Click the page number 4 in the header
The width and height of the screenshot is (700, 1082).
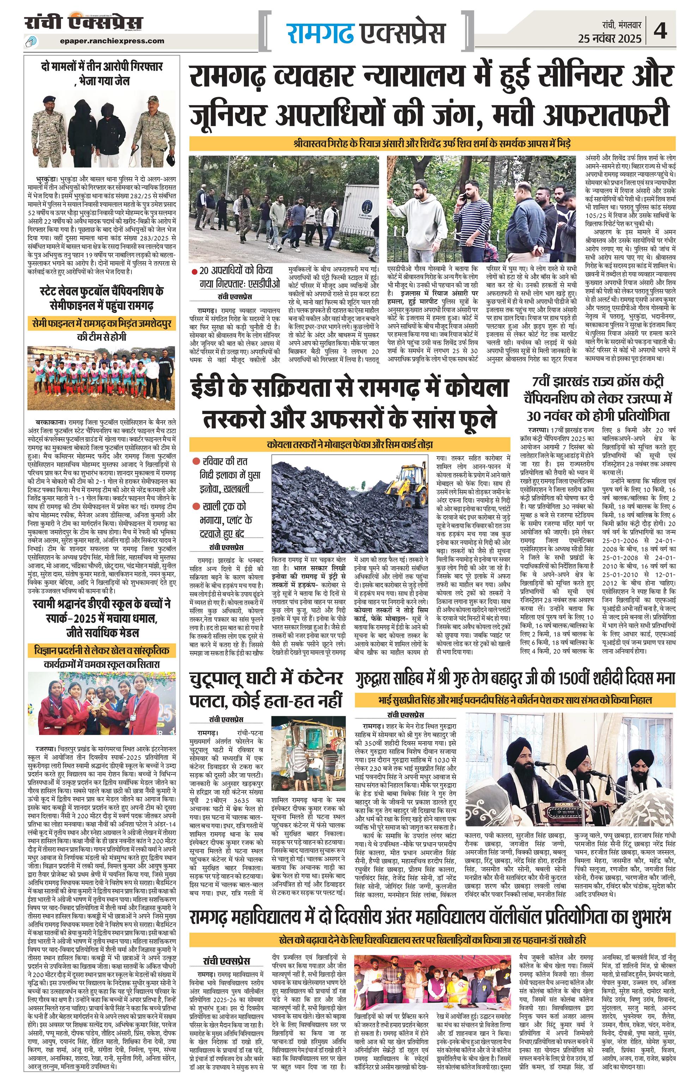(x=661, y=32)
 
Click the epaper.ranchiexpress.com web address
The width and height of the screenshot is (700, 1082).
(x=112, y=41)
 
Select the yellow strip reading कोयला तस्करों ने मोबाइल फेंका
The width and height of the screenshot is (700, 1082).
(x=349, y=444)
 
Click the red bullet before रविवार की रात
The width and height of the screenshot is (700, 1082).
(x=196, y=461)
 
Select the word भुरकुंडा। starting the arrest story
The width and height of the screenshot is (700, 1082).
(x=47, y=178)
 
